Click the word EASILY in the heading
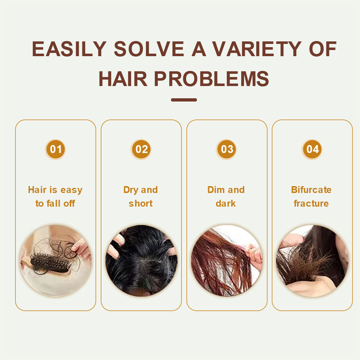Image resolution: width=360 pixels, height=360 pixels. (69, 49)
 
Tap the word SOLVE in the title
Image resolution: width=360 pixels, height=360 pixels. (149, 49)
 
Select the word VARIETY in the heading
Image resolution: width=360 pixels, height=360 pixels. (257, 49)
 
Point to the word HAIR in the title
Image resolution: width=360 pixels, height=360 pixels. (123, 79)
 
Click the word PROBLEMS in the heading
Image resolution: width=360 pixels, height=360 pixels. (211, 79)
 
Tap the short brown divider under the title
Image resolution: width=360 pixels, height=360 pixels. (184, 100)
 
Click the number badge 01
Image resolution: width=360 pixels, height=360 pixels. (55, 149)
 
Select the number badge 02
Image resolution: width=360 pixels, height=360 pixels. (141, 149)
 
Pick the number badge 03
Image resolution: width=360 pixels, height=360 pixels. (226, 149)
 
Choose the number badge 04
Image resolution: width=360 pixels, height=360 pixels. (312, 149)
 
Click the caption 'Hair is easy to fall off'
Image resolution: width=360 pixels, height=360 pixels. (55, 197)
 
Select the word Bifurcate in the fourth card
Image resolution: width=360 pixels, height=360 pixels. (311, 190)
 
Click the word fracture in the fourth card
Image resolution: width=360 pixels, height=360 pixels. (311, 203)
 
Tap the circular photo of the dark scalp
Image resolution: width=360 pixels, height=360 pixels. (141, 261)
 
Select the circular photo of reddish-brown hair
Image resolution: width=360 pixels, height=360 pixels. (226, 261)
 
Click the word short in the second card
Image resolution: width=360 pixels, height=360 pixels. (141, 203)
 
